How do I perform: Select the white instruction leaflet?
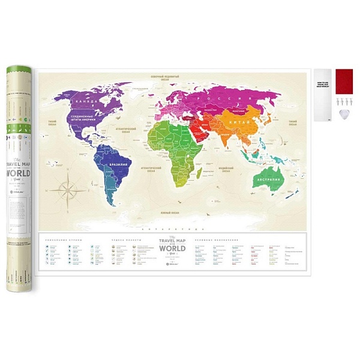(x=322, y=95)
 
